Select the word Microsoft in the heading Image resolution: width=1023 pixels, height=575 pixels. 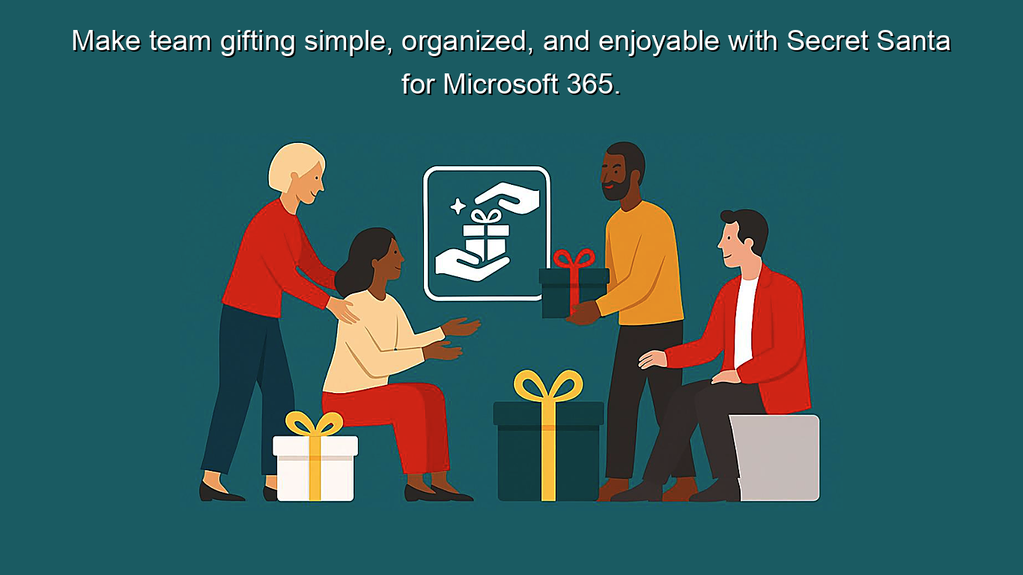495,84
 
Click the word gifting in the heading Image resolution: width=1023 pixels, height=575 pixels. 258,42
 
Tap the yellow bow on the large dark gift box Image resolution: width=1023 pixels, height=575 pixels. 548,386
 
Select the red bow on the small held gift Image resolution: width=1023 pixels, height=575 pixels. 574,260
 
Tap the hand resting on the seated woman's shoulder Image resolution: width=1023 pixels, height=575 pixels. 344,309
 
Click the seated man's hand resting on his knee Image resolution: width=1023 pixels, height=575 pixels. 726,377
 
